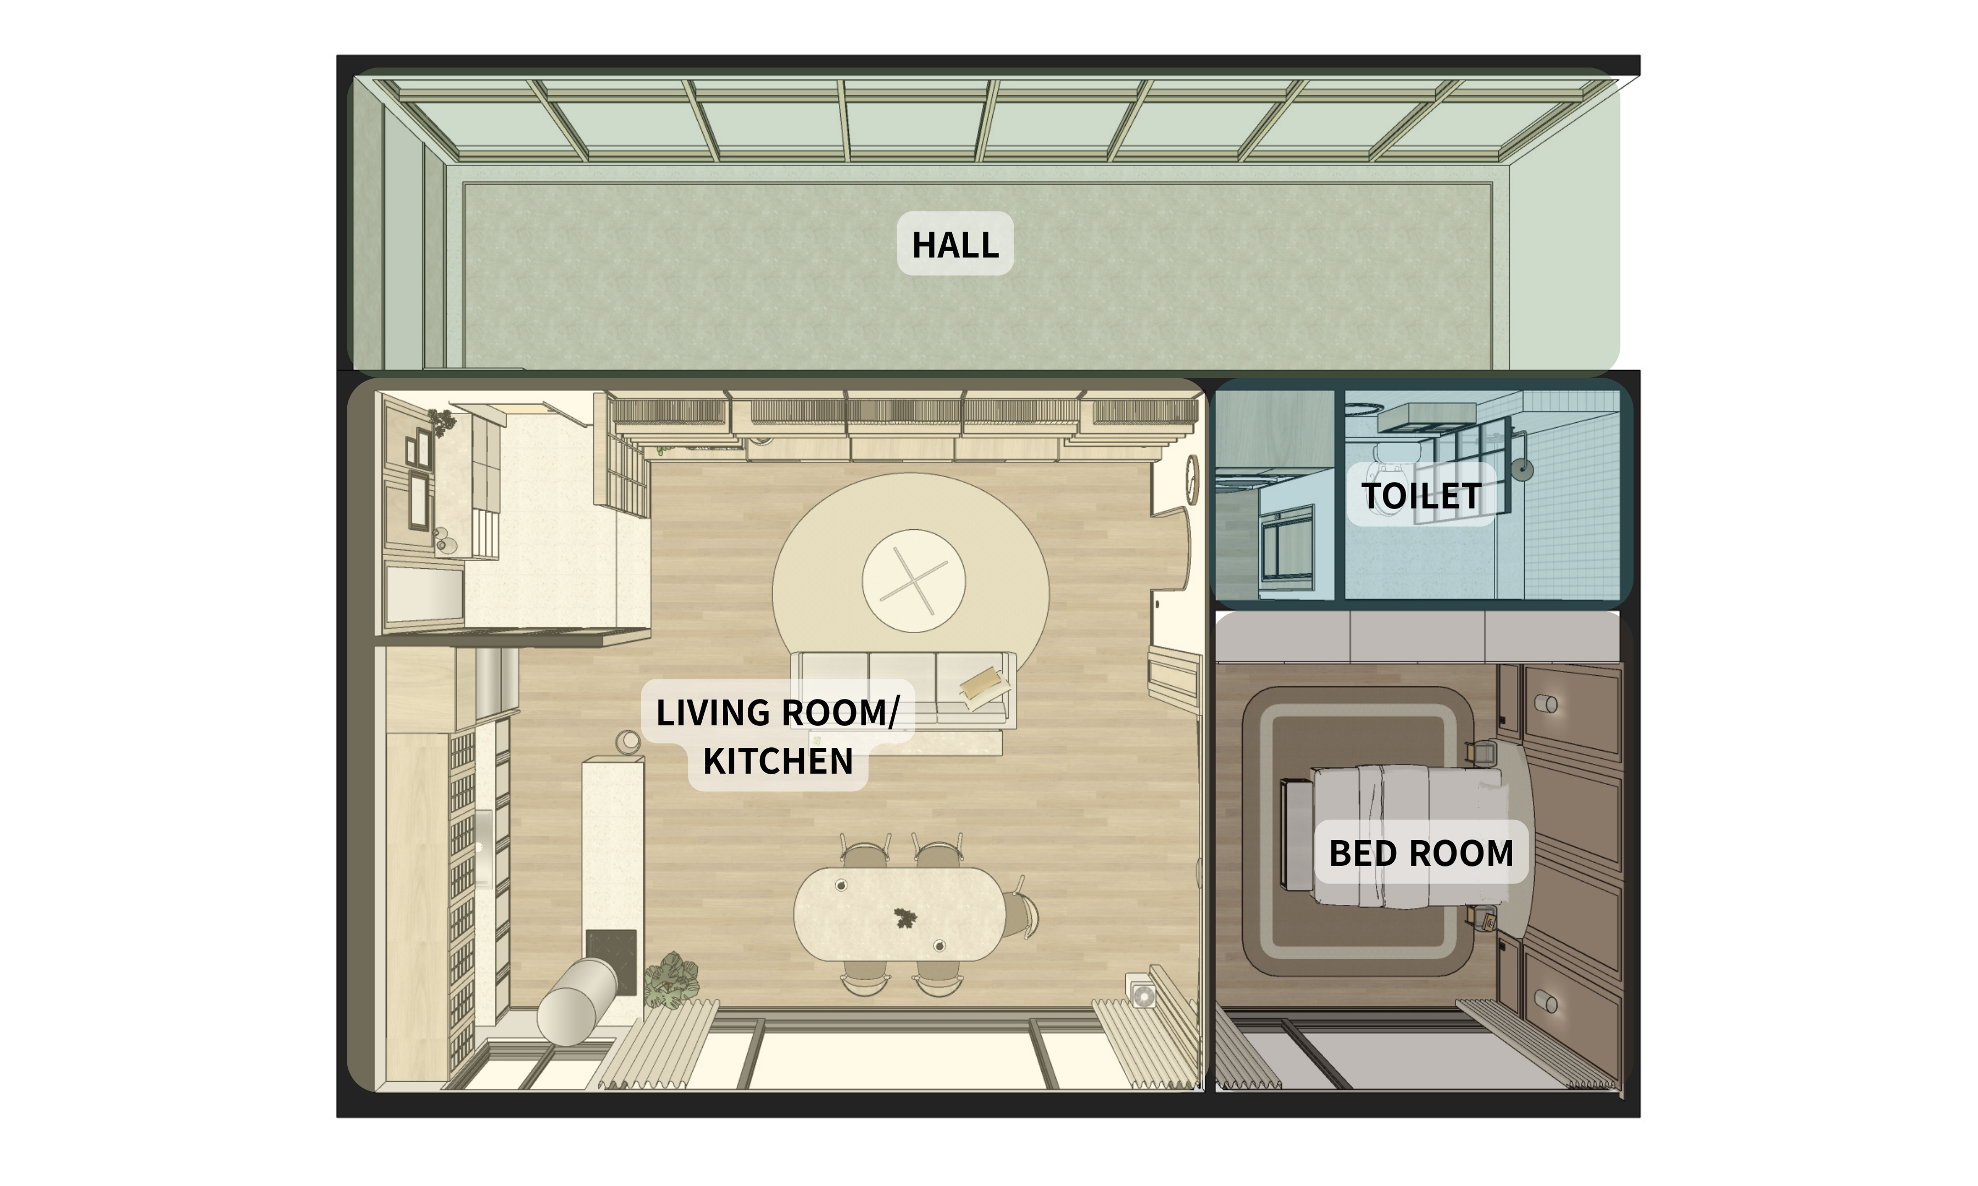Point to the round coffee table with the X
point(913,581)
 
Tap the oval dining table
point(899,914)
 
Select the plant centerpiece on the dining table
point(904,918)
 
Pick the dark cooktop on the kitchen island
point(611,961)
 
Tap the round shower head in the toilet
point(1523,470)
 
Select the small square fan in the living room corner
point(1142,993)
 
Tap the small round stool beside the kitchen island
point(627,742)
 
